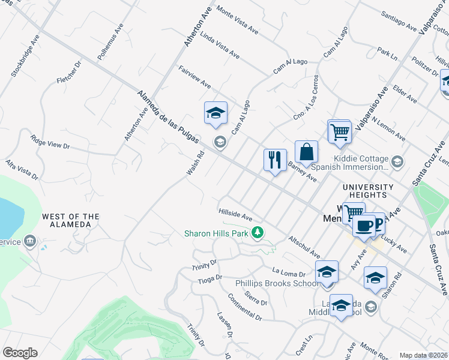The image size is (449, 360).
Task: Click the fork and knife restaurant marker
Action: [275, 160]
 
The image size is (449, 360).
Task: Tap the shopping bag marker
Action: [306, 152]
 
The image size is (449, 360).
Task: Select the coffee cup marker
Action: [364, 226]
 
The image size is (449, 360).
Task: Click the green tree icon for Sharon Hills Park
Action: [258, 232]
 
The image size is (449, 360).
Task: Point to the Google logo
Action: [20, 353]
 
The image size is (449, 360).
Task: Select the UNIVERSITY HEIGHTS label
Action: [368, 191]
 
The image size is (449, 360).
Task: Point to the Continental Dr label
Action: [245, 307]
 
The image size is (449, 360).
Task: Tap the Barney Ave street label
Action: [302, 172]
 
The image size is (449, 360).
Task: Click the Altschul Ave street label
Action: [304, 247]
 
